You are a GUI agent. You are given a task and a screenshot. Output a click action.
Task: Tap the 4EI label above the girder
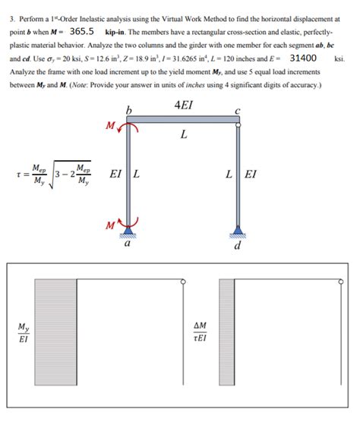click(x=183, y=105)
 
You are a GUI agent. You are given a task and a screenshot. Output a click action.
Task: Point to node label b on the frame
click(x=130, y=113)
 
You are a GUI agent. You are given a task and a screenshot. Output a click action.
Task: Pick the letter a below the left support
click(x=127, y=245)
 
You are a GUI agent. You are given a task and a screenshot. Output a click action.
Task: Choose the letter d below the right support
click(x=238, y=247)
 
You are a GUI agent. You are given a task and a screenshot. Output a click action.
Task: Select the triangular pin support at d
click(x=239, y=229)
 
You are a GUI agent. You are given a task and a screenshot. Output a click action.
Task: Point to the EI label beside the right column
click(x=251, y=173)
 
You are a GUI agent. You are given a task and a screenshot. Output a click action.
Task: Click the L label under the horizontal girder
click(x=184, y=137)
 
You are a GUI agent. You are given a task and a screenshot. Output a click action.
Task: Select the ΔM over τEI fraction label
click(x=200, y=332)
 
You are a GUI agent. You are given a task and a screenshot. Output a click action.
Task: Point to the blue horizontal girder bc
click(x=183, y=120)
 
